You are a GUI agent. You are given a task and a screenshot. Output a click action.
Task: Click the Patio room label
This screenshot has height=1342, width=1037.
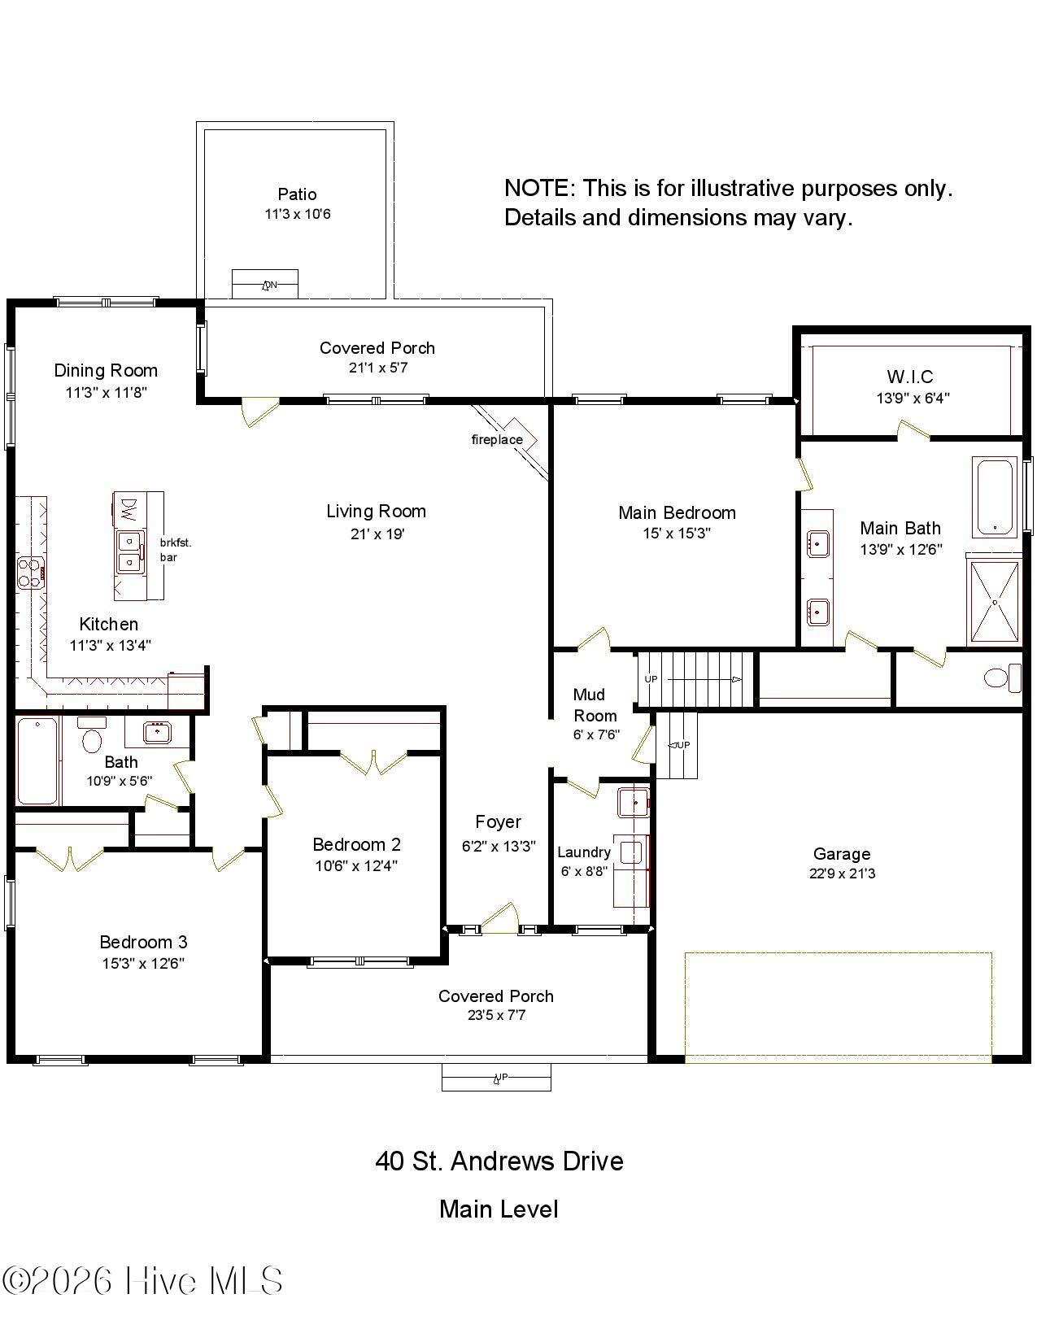tap(297, 194)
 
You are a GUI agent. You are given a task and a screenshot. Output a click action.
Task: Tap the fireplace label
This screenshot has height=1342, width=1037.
tap(497, 440)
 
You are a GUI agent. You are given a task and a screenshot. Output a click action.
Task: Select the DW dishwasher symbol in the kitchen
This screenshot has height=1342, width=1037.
tap(128, 510)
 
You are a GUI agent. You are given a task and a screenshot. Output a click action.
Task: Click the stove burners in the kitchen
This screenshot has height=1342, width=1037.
tap(30, 571)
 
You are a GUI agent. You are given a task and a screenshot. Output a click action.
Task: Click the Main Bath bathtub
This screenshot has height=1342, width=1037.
tap(994, 496)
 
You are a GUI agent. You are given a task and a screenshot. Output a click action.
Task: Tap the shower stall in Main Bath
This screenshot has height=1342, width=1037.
tap(994, 601)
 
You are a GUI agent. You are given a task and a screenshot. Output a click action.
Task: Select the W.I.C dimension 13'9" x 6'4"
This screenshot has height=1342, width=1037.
tap(913, 398)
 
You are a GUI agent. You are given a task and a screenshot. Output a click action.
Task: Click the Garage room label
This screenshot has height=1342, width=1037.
tap(842, 854)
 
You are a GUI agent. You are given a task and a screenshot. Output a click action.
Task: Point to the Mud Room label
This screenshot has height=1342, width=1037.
tap(594, 705)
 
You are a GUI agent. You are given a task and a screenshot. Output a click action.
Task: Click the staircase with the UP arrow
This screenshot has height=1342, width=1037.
tap(696, 678)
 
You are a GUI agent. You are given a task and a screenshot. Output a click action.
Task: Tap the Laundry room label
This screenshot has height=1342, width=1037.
tap(583, 852)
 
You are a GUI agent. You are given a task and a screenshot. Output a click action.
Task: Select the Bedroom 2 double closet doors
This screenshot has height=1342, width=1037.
tap(373, 762)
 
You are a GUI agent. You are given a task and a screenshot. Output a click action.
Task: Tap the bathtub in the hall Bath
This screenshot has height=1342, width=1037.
tap(37, 760)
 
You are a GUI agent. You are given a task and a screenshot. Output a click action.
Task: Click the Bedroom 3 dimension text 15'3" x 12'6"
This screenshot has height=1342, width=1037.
tap(143, 964)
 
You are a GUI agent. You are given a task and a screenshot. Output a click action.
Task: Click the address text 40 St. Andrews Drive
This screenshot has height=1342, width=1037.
tap(499, 1161)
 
